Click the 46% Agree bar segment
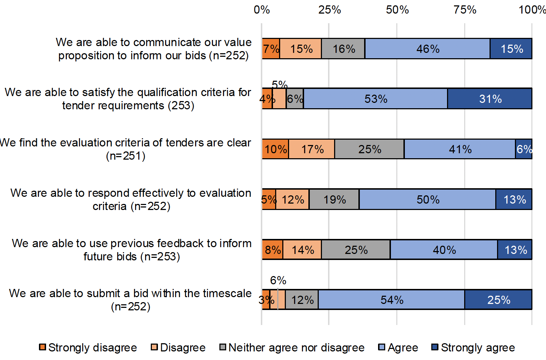tap(427, 49)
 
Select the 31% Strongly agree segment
tap(490, 99)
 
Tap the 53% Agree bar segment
tap(375, 99)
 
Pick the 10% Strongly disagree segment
tap(275, 149)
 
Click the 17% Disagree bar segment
tap(312, 149)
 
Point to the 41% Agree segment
tap(460, 149)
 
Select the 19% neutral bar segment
tap(334, 199)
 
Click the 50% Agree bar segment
tap(427, 199)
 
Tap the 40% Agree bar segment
tap(444, 250)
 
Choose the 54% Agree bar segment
tap(392, 300)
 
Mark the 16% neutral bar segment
tap(343, 49)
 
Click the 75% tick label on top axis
tap(465, 10)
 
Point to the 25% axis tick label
tap(329, 10)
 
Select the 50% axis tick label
tap(397, 10)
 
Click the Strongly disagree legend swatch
tap(43, 347)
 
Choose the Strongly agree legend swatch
tap(435, 347)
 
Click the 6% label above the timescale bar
tap(278, 280)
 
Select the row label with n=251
tap(125, 149)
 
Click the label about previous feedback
tap(131, 250)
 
